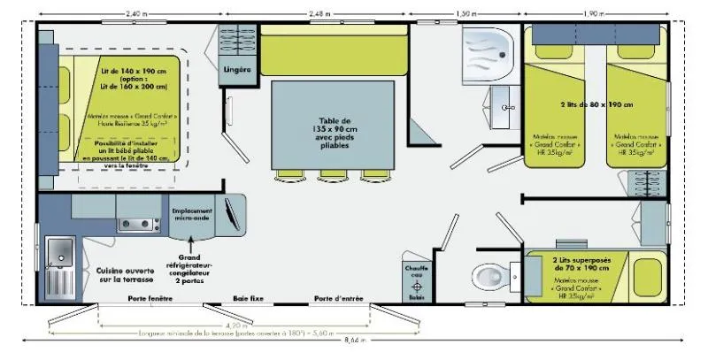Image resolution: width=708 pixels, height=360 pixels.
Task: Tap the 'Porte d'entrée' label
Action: [339, 299]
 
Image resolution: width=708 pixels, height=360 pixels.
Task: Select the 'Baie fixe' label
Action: [249, 299]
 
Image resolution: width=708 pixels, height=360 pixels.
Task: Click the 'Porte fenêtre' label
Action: [150, 299]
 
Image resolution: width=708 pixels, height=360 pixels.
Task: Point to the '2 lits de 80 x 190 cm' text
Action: [597, 103]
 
